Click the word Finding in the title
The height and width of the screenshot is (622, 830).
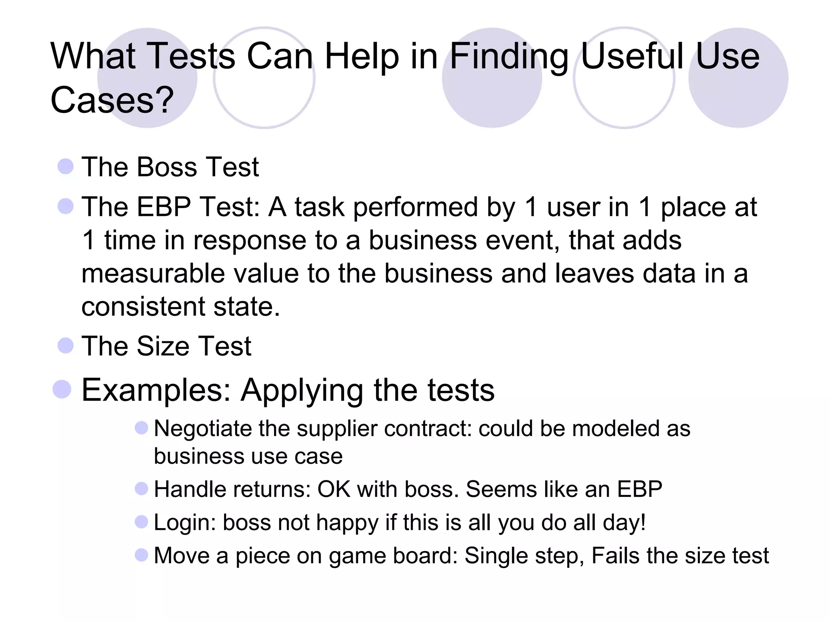(x=509, y=57)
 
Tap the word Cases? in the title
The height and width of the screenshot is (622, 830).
(x=112, y=100)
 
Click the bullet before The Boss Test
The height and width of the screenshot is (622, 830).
(x=66, y=166)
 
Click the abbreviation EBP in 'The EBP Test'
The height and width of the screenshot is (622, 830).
(x=164, y=207)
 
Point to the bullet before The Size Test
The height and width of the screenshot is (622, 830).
(x=66, y=345)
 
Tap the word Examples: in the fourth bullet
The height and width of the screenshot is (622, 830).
(x=156, y=390)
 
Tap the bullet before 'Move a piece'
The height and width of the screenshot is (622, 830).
(x=141, y=555)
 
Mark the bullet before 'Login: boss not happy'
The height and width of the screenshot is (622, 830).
(x=141, y=522)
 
